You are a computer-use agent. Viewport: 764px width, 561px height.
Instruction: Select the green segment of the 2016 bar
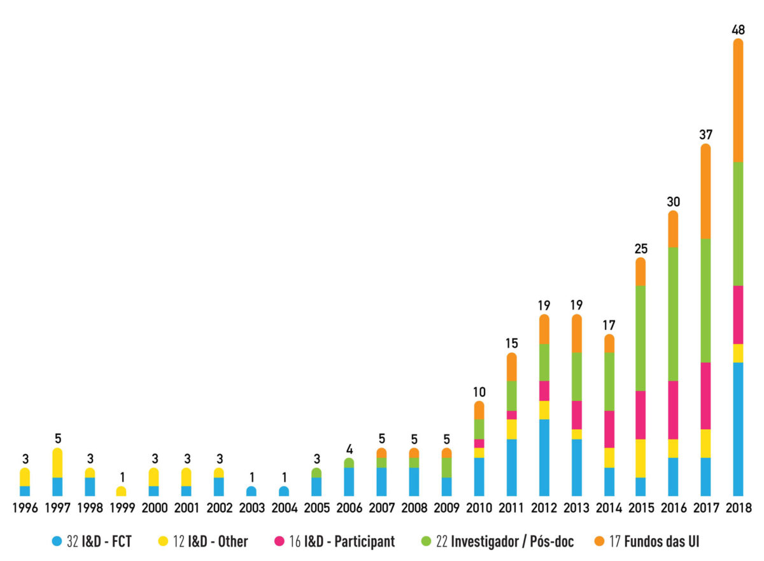pos(673,313)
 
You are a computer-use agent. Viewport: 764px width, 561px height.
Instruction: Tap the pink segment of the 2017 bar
pos(705,395)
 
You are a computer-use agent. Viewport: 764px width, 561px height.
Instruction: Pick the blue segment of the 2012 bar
pos(544,457)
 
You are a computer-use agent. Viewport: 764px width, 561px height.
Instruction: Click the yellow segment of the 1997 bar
pos(57,463)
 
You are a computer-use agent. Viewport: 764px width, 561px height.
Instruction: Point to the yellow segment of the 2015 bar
pos(640,458)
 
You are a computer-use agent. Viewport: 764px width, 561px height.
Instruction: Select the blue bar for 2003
pos(251,492)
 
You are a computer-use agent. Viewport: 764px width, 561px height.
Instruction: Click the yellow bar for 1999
pos(121,492)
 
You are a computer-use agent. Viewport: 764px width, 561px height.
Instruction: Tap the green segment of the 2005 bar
pos(316,472)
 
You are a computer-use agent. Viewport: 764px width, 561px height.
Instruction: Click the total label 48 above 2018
pos(738,29)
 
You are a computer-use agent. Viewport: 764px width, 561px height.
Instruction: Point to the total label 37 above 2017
pos(705,135)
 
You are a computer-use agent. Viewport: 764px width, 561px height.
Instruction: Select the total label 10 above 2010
pos(479,392)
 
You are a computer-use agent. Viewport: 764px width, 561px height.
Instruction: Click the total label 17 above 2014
pos(609,325)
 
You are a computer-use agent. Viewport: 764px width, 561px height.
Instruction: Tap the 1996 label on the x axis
pos(25,508)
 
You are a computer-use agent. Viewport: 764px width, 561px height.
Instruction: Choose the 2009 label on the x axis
pos(446,508)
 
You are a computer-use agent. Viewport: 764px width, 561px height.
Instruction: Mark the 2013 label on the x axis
pos(576,508)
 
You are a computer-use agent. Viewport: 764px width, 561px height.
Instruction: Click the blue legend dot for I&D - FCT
pos(57,542)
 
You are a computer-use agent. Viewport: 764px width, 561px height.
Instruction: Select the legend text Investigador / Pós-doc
pos(513,542)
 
